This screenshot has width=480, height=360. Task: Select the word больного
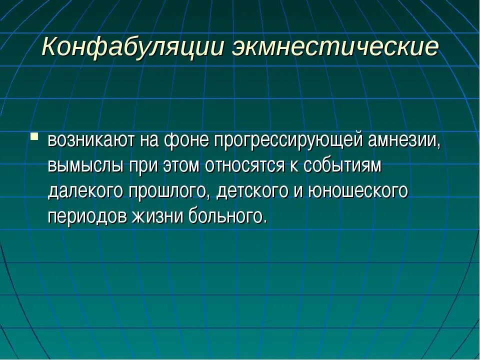225,216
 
